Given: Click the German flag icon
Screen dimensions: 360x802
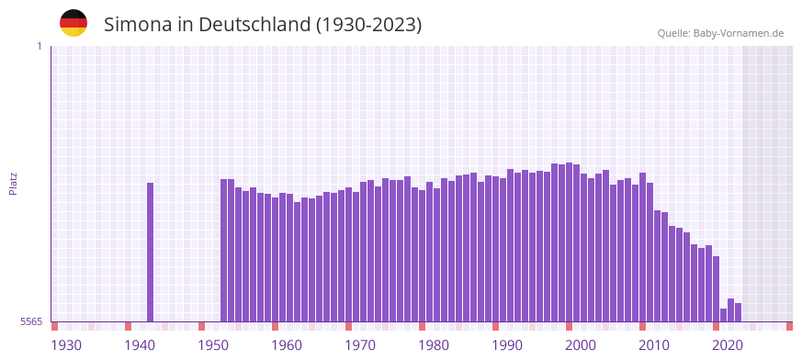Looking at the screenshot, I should pyautogui.click(x=73, y=23).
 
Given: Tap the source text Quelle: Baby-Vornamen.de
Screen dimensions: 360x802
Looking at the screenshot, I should pyautogui.click(x=720, y=33).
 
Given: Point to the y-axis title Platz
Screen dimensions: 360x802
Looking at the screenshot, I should pyautogui.click(x=13, y=183).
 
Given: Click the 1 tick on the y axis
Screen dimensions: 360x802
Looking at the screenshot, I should pyautogui.click(x=40, y=46).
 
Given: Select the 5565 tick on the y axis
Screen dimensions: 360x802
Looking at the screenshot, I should pyautogui.click(x=31, y=321).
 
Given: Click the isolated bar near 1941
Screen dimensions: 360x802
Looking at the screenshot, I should pyautogui.click(x=151, y=252).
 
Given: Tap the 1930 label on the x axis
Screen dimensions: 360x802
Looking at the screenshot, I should pyautogui.click(x=66, y=345).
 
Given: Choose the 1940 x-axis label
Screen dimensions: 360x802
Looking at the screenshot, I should pyautogui.click(x=140, y=345).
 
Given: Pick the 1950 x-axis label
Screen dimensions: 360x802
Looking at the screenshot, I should pyautogui.click(x=213, y=345).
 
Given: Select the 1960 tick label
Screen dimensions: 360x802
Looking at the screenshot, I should pyautogui.click(x=287, y=345).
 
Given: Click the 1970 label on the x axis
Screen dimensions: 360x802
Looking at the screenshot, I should pyautogui.click(x=360, y=345).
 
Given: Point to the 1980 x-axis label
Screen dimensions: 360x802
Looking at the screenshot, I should pyautogui.click(x=434, y=345).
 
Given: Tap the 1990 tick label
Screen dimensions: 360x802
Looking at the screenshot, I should pyautogui.click(x=507, y=345).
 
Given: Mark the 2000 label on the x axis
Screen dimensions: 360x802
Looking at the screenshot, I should pyautogui.click(x=581, y=345).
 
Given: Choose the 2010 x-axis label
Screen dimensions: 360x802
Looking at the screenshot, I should pyautogui.click(x=654, y=345).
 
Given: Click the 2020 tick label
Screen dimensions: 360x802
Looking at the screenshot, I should pyautogui.click(x=728, y=345).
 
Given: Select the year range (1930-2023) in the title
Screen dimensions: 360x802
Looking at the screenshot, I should pyautogui.click(x=368, y=25).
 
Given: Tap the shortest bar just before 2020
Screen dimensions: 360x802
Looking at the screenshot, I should pyautogui.click(x=724, y=315).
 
